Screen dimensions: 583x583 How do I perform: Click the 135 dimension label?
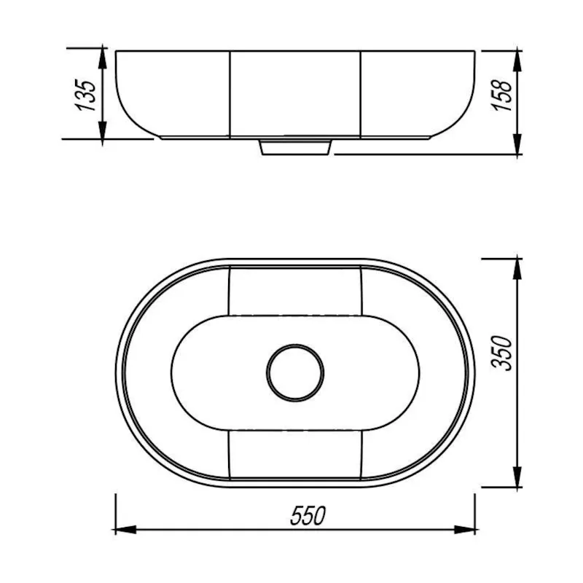[87, 95]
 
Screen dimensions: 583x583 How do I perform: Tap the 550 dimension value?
[307, 516]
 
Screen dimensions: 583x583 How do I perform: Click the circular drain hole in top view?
[295, 372]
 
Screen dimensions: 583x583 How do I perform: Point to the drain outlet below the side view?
[295, 146]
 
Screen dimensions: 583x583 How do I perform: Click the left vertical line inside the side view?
[231, 93]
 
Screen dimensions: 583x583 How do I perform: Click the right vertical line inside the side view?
[361, 93]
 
